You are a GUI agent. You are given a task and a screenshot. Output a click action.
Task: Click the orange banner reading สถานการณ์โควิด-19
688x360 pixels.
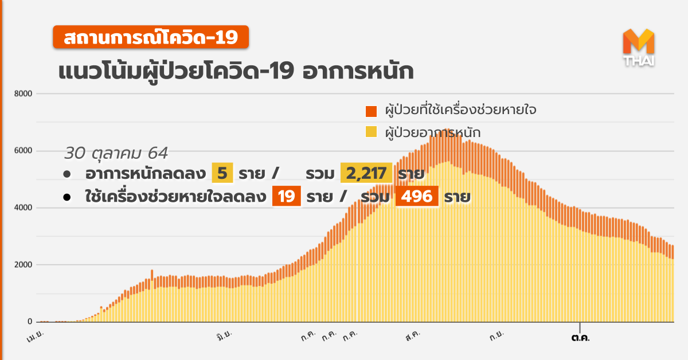point(151,38)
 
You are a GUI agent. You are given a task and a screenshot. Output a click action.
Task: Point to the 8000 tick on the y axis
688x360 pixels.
point(23,93)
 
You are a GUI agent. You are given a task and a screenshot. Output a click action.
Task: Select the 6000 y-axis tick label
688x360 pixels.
point(23,151)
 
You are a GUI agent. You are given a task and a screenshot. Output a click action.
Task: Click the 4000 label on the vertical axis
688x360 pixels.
point(23,208)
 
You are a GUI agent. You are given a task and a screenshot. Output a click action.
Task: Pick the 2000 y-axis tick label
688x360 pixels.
point(23,265)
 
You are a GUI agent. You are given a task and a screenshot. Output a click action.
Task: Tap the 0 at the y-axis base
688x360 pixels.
point(30,322)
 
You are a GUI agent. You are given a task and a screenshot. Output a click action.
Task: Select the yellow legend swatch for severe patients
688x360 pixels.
point(371,132)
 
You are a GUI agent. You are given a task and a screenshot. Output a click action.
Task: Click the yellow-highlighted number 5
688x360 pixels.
point(222,173)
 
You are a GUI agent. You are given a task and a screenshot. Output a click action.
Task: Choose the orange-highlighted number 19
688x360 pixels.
point(286,197)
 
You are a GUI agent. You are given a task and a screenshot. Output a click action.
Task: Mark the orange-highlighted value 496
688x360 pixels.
point(417,197)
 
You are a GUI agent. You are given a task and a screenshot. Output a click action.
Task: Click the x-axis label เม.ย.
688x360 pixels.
point(36,338)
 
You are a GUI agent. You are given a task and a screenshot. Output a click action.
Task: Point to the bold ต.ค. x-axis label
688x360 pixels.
point(580,337)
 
